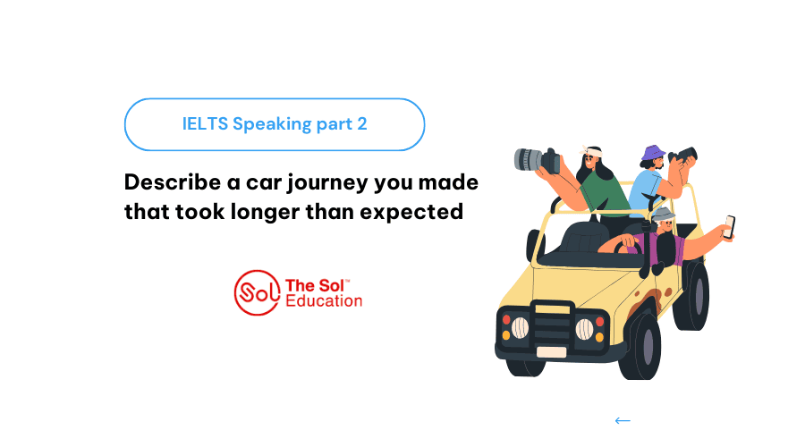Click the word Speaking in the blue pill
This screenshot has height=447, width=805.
(272, 124)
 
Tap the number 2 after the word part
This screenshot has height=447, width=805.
(362, 123)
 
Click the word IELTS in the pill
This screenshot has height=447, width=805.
(205, 123)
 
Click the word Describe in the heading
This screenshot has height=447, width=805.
(173, 182)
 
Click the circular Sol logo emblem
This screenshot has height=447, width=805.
(258, 292)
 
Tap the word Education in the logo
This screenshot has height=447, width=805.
(324, 300)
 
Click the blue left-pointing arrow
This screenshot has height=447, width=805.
(623, 421)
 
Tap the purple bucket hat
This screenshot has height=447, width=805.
(653, 153)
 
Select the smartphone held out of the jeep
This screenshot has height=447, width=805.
(729, 227)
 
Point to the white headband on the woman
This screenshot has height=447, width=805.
(591, 151)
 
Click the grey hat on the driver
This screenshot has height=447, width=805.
(664, 215)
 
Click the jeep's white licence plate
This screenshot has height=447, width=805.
(551, 352)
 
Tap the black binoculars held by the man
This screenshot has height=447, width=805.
(683, 156)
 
